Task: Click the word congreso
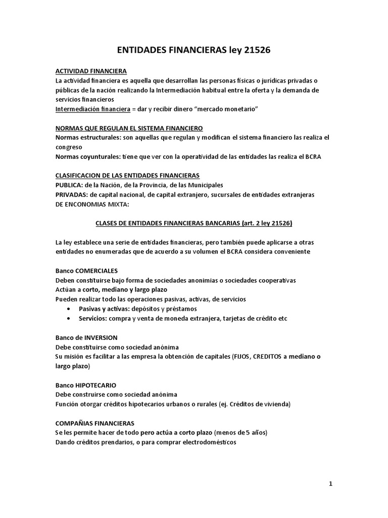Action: tap(70, 147)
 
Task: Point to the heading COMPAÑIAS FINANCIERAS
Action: tap(94, 423)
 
